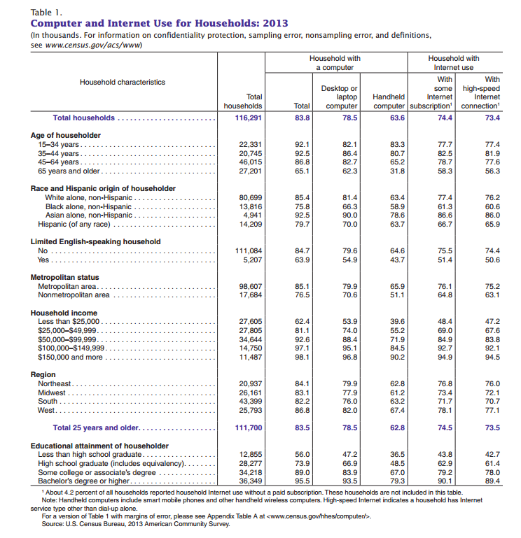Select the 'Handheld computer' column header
pos(389,101)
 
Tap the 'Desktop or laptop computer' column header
pos(340,97)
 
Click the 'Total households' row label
pos(83,118)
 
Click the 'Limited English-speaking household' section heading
pos(96,241)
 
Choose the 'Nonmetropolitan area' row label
pos(74,295)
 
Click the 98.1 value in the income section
pos(302,357)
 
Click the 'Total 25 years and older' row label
pos(97,427)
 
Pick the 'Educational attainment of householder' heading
pos(99,446)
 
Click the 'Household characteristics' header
pos(123,82)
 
